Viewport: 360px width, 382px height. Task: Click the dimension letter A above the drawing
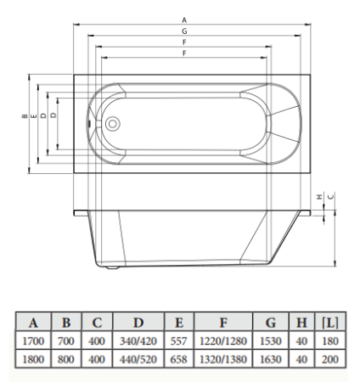[x=184, y=20]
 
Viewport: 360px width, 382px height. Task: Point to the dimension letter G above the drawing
[x=184, y=31]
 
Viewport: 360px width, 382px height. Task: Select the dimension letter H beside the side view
[x=318, y=196]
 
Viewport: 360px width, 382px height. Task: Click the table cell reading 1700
[x=33, y=340]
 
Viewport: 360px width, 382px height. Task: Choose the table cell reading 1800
[x=33, y=359]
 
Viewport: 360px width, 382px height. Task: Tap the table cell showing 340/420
[x=138, y=340]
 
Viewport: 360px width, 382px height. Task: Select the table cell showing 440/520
[x=138, y=359]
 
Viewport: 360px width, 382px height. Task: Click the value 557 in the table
[x=178, y=340]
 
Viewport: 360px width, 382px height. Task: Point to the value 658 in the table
[x=178, y=359]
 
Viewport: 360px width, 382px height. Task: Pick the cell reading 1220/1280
[x=223, y=340]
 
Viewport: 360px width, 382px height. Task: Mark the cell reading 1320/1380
[x=223, y=359]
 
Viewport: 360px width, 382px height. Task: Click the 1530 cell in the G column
[x=270, y=340]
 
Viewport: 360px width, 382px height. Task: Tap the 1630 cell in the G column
[x=270, y=359]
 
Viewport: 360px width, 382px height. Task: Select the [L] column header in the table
[x=330, y=323]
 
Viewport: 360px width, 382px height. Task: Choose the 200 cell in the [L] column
[x=330, y=359]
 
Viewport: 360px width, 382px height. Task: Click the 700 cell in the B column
[x=66, y=340]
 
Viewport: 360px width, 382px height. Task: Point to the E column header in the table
[x=178, y=323]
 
